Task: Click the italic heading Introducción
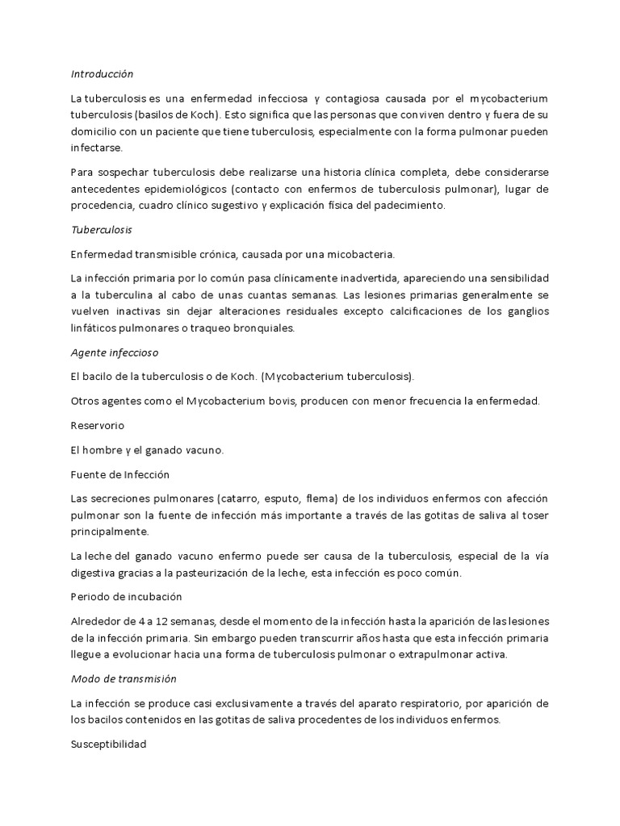(x=101, y=73)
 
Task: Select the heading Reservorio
(x=98, y=425)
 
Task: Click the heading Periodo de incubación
(x=127, y=596)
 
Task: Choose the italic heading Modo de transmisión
(x=124, y=679)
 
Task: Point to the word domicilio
(x=98, y=132)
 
